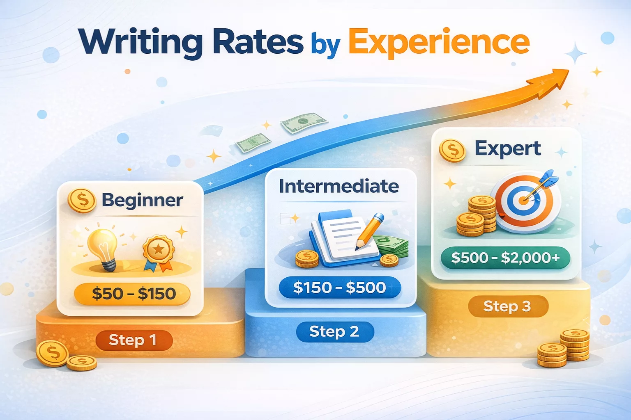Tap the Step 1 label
(x=133, y=340)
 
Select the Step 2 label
(x=334, y=331)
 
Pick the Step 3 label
(x=507, y=306)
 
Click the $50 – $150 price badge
(x=133, y=294)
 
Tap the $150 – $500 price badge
(x=339, y=287)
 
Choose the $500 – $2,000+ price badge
(x=505, y=258)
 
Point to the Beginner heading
(x=142, y=200)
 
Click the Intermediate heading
(x=339, y=186)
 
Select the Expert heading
(x=508, y=148)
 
